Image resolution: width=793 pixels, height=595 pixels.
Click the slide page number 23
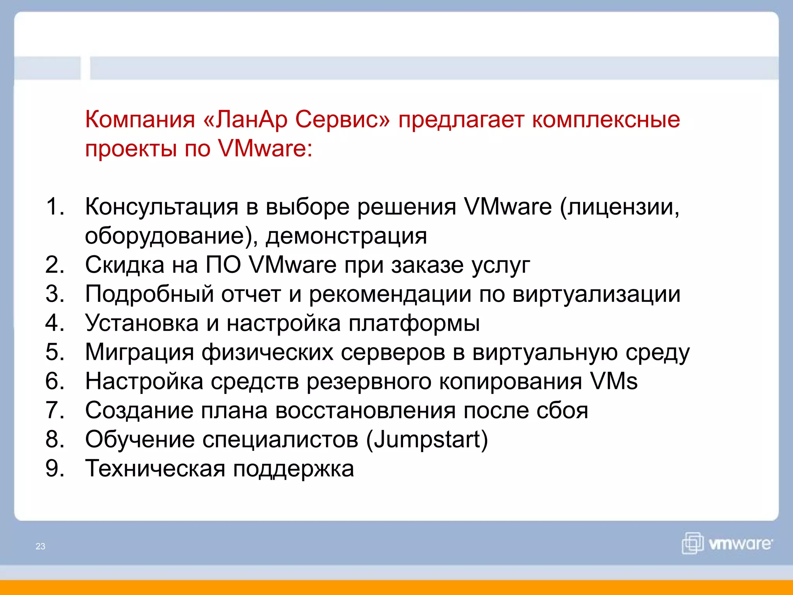[x=40, y=546]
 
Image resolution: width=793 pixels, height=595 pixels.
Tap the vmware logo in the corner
[x=727, y=543]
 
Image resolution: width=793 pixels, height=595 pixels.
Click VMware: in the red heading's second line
[x=265, y=148]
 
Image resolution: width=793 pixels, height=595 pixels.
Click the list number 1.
[x=55, y=206]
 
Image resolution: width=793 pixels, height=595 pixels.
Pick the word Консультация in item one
[x=161, y=206]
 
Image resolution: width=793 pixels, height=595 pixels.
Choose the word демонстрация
[x=346, y=236]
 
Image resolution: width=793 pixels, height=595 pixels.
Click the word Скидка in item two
[x=125, y=265]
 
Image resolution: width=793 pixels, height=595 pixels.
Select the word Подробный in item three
[x=149, y=294]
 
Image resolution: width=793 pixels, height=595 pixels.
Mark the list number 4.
[x=55, y=323]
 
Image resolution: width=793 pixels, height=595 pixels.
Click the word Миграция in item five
[x=139, y=353]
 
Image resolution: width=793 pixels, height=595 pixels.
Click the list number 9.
[x=55, y=468]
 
